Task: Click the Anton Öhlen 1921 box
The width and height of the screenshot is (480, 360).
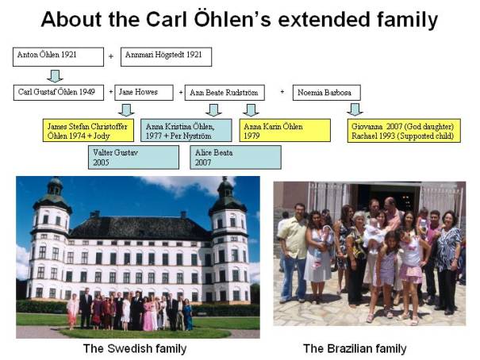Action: coord(58,56)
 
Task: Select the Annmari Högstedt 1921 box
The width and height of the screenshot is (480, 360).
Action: coord(167,56)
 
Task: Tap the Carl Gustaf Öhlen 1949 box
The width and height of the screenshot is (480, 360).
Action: coord(59,92)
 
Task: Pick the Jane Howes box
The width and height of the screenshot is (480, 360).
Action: coord(144,92)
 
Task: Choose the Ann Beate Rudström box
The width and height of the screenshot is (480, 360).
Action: coord(225,92)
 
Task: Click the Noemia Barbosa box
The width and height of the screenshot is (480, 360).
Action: coord(327,92)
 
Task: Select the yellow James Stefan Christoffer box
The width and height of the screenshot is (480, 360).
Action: coord(89,130)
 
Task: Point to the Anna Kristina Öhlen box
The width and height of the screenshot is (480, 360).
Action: coord(186,130)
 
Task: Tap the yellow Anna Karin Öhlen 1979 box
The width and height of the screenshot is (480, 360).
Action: coord(285,130)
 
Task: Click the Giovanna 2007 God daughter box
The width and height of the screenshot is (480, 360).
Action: coord(404,130)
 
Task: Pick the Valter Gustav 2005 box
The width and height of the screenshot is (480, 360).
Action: coord(133,157)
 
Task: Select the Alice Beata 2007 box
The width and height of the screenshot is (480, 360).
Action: coord(236,157)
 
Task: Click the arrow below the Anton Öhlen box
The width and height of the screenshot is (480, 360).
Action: coord(56,76)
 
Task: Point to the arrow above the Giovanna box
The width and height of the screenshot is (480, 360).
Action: coord(355,109)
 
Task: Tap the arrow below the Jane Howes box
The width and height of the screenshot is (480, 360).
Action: coord(126,110)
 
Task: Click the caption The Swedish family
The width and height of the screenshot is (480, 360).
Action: coord(135,348)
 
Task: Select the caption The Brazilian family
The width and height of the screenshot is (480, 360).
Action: coord(355,348)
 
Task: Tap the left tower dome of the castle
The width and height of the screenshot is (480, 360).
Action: coord(54,196)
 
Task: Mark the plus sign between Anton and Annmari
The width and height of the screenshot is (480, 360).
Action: coord(111,56)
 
